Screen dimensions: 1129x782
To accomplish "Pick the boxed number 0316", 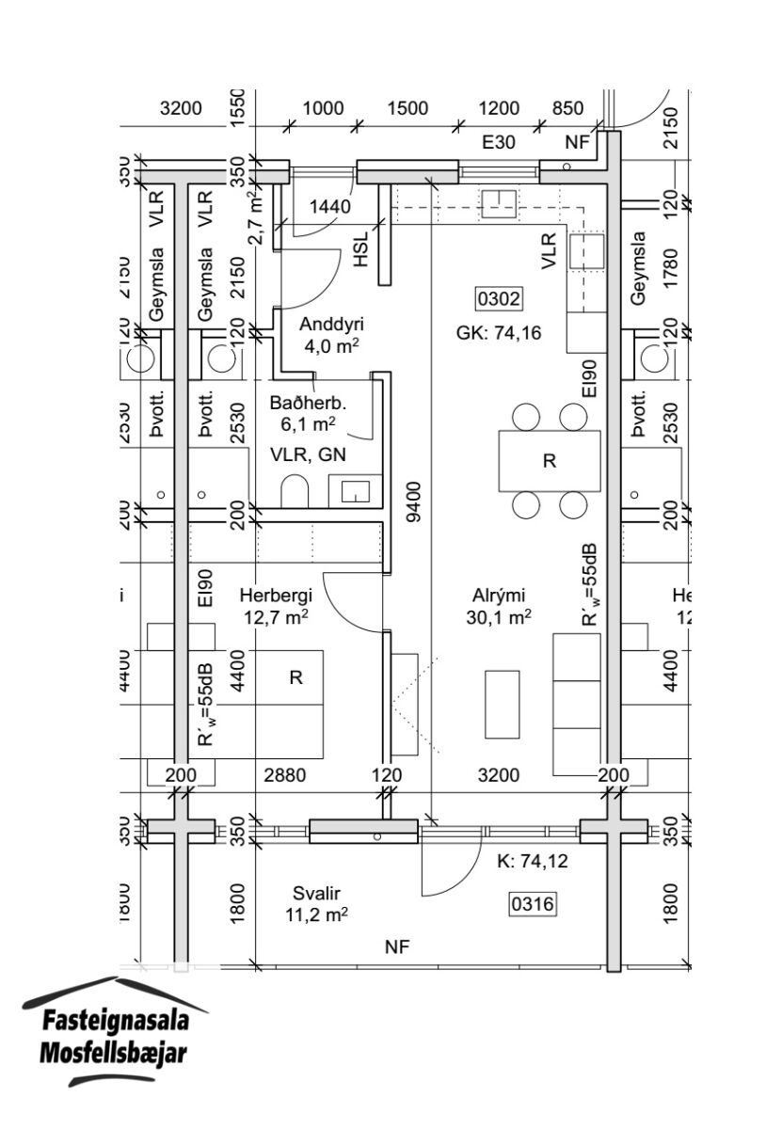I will pos(533,905).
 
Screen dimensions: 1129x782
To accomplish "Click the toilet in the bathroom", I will pos(295,490).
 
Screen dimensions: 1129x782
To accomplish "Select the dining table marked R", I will pos(550,460).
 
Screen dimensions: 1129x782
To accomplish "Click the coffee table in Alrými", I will pos(502,704).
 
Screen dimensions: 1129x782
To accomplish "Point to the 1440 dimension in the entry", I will pos(330,207).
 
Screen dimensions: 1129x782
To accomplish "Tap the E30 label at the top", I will pos(499,143).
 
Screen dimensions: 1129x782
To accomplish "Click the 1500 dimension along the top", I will pos(407,108).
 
